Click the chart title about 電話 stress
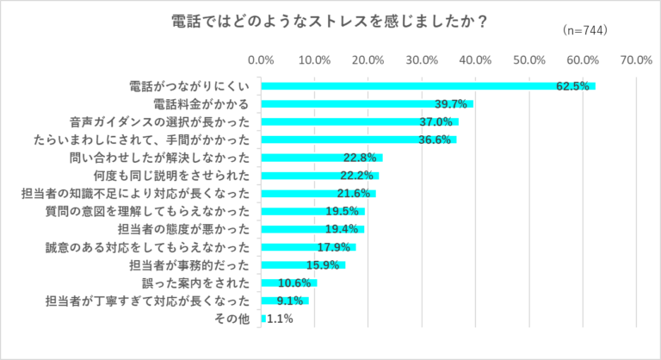pos(330,22)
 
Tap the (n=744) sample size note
pos(584,31)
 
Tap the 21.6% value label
pos(353,193)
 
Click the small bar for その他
pos(263,319)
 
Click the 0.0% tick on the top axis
pos(261,60)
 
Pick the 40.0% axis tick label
pos(475,60)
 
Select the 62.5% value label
pos(572,86)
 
